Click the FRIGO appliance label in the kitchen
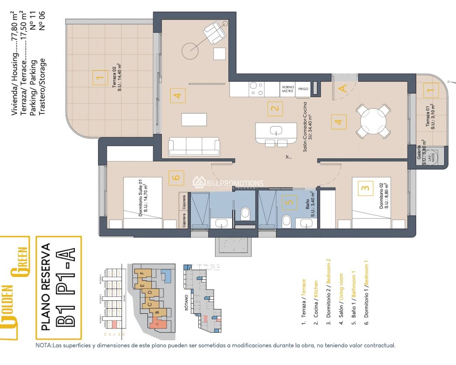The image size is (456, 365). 303,89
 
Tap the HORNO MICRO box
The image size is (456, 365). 288,89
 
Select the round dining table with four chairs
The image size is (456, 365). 373,121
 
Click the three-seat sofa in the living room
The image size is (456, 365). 194,146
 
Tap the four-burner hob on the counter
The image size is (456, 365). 256,89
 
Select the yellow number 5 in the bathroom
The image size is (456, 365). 290,202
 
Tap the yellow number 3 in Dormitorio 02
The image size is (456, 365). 365,188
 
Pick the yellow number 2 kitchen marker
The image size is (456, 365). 275,108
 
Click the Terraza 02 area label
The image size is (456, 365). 117,77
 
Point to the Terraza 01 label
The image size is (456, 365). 430,117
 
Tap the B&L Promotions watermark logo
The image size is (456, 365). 228,183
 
